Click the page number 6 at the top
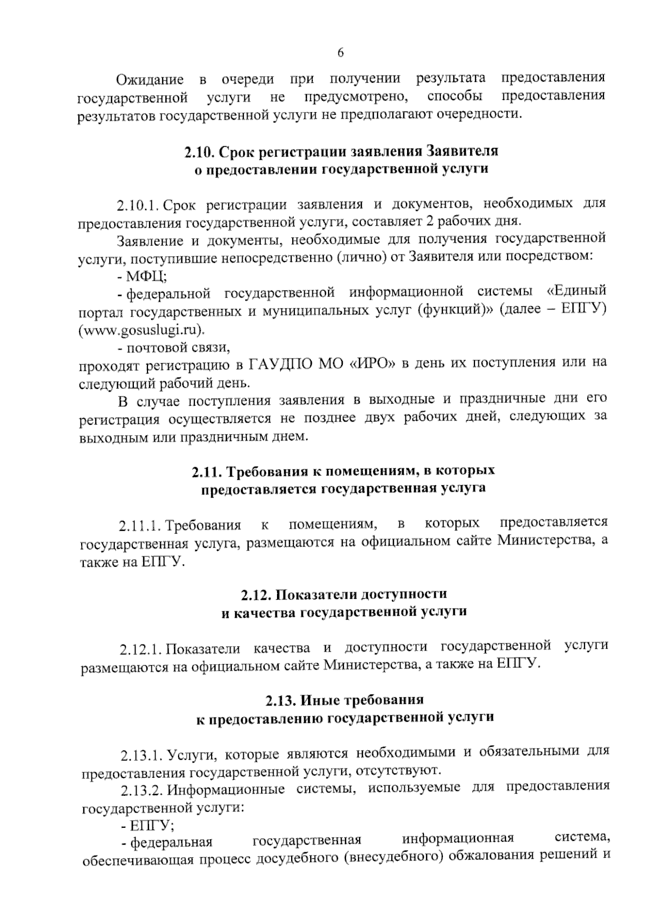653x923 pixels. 341,52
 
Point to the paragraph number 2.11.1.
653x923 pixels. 139,526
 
